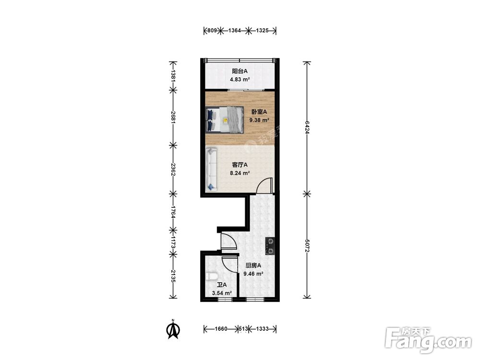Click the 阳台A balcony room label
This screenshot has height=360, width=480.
240,72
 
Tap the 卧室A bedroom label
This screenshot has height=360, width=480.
259,112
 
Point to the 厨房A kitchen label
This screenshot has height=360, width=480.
253,266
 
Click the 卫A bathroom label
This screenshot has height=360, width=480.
222,285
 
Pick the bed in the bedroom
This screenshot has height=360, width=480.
224,120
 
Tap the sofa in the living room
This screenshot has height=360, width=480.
211,169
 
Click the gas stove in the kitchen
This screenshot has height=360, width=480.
270,246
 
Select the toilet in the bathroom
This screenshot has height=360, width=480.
211,276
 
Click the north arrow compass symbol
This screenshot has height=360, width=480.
173,329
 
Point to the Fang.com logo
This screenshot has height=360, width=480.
428,340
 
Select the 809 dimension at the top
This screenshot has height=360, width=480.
212,31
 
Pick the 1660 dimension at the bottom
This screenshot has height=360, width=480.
221,329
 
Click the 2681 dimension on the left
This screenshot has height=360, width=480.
173,117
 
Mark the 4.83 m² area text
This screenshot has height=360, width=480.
240,80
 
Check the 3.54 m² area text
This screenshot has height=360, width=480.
222,293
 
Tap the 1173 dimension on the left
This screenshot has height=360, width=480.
173,242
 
